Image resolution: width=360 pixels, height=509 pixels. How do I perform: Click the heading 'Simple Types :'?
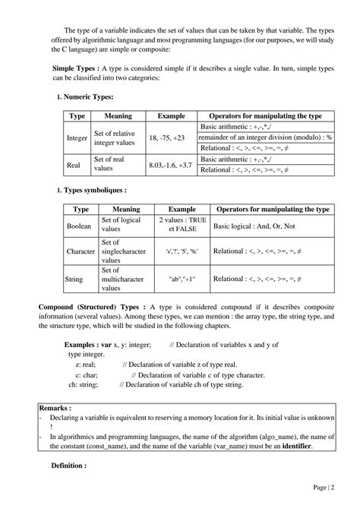tap(74, 68)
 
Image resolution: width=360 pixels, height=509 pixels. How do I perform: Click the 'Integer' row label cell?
tap(77, 138)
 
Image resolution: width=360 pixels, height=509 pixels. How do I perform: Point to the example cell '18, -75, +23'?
tap(167, 138)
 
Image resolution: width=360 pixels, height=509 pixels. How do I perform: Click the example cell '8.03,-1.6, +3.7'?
tap(171, 164)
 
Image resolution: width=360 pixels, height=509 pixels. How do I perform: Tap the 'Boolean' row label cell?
tap(79, 226)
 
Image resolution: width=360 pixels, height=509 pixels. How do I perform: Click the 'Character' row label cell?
tap(81, 250)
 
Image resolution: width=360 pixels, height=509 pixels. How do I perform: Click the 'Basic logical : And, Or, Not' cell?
tap(254, 226)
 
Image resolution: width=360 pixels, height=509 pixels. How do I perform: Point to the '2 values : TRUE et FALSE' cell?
tap(182, 226)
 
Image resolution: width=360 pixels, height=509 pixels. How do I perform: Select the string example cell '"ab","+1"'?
tap(182, 279)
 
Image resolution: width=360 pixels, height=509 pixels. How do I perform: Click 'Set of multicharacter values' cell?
tap(126, 279)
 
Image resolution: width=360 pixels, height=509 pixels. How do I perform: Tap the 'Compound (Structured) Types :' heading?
tap(98, 306)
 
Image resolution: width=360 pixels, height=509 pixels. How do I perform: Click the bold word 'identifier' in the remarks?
tap(289, 446)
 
